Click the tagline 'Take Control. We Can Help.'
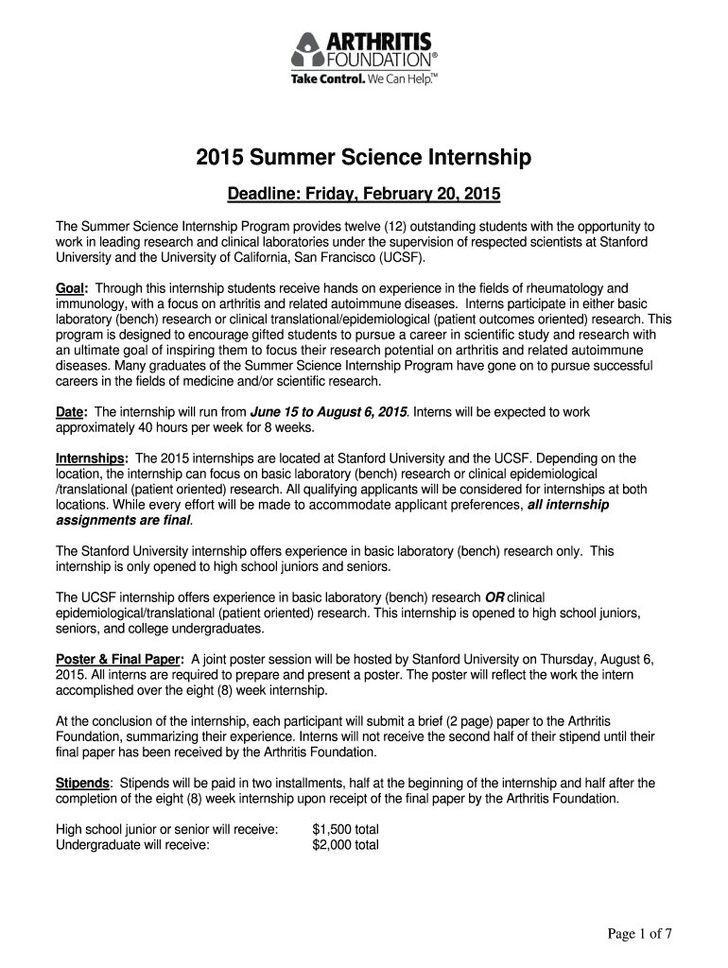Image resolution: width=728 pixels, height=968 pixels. coord(364,79)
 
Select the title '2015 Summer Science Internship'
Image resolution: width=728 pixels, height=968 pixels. coord(364,158)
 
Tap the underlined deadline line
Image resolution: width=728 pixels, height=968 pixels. coord(364,196)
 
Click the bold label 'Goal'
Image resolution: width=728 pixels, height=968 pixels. coord(71,287)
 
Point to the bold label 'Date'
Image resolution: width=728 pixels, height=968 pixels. coord(71,412)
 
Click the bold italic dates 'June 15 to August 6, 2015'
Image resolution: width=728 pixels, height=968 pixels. coord(328,412)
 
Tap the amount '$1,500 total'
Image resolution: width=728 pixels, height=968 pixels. coord(345,829)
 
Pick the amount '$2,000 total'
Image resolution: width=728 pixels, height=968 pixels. coord(345,844)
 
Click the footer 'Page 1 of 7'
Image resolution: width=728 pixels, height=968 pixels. coord(638,935)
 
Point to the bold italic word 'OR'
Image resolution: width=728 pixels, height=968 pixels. coord(494,597)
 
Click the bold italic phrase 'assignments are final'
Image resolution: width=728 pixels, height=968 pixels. coord(123,520)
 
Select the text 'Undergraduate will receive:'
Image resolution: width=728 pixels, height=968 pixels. coord(132,844)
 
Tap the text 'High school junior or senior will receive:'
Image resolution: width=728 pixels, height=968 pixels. coord(167,829)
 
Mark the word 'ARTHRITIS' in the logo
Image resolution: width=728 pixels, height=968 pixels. coord(378,42)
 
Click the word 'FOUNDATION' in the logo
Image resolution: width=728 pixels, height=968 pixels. coord(377,60)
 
